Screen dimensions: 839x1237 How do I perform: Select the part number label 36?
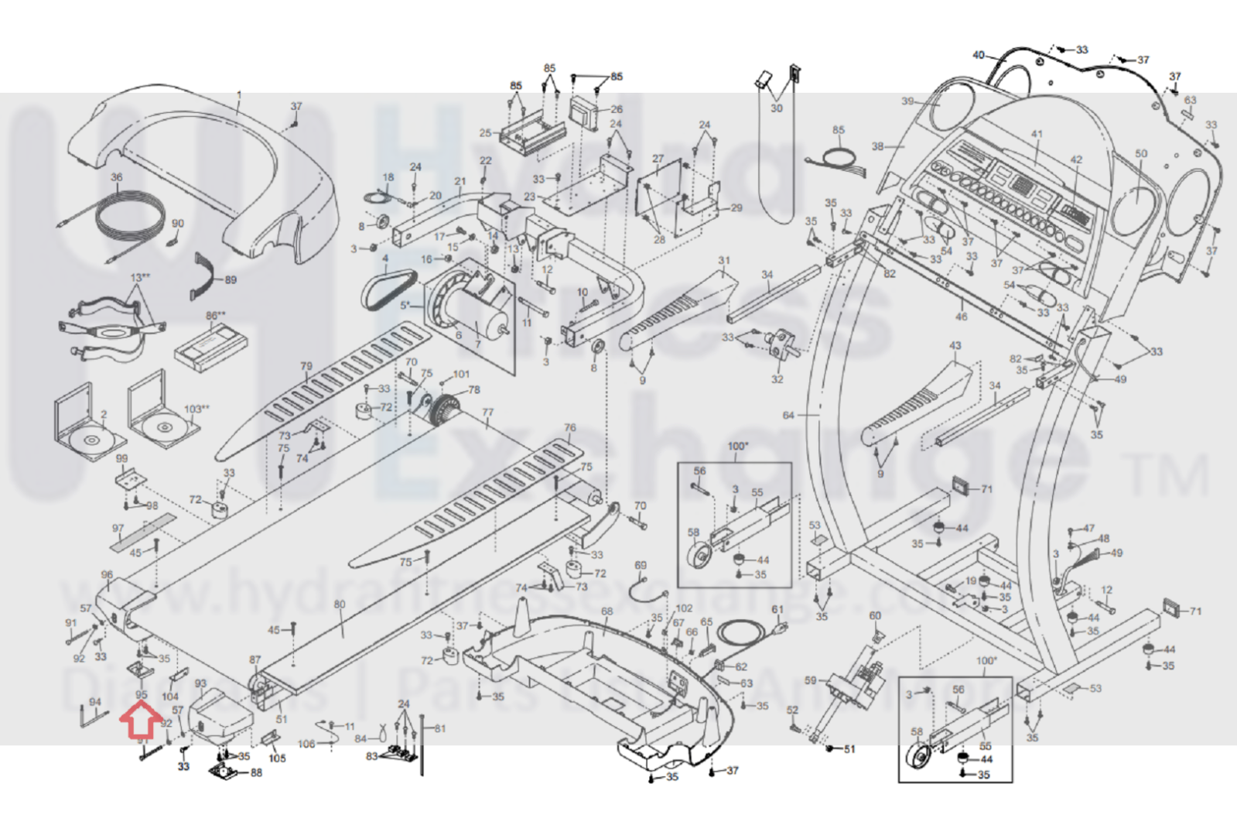click(x=116, y=177)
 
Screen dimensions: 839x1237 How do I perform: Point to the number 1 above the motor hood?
click(x=239, y=95)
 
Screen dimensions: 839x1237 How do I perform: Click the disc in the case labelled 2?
click(x=90, y=440)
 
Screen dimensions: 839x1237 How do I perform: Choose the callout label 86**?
click(x=215, y=316)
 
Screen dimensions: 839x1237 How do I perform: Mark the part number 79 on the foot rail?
click(x=306, y=367)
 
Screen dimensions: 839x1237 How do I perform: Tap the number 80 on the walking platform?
click(x=340, y=604)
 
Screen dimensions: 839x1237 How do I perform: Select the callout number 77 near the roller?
click(x=487, y=413)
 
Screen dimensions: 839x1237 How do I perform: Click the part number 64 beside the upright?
click(x=788, y=416)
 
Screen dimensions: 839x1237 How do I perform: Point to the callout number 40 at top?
click(x=979, y=55)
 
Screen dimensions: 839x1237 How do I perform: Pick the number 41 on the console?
click(x=1037, y=134)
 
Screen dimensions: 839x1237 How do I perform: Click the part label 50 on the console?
click(x=1141, y=154)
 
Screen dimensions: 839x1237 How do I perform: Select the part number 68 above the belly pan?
click(x=607, y=611)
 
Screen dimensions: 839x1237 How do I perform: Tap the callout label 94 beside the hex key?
click(x=95, y=702)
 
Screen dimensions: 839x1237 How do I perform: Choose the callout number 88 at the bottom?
click(x=256, y=772)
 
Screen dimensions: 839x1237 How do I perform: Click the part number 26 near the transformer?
click(x=617, y=109)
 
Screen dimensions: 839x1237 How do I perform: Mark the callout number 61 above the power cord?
click(x=777, y=610)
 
